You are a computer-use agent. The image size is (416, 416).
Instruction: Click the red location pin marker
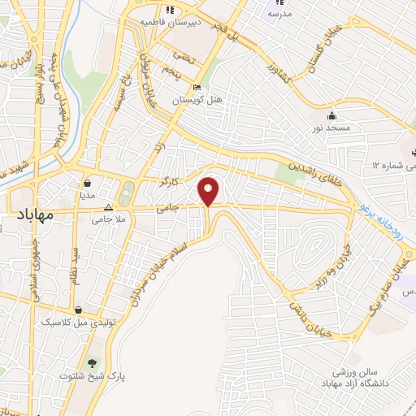click(210, 191)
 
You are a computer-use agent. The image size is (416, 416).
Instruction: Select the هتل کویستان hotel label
click(197, 101)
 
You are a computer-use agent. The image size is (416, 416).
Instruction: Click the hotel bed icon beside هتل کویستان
click(197, 88)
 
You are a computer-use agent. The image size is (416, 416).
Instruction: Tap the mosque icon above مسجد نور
click(331, 115)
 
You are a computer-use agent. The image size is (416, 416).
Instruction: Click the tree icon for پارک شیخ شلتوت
click(91, 362)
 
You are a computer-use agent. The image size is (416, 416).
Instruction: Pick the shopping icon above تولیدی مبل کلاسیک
click(78, 310)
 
